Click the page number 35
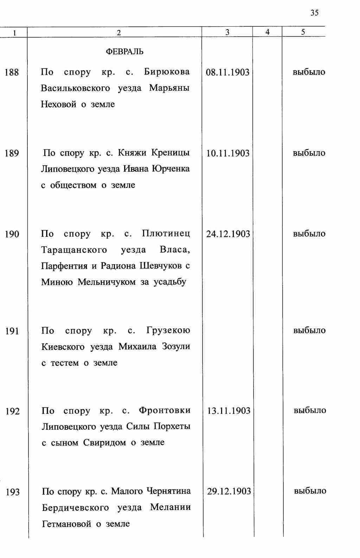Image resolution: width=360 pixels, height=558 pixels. click(x=314, y=13)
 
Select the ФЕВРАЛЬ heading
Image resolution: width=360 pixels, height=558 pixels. click(x=124, y=52)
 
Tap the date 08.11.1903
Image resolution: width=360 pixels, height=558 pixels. click(x=227, y=73)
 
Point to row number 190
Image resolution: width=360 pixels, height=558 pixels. click(x=12, y=234)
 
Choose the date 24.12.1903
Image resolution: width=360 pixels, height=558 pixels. click(x=228, y=234)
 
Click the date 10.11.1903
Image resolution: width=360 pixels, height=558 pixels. click(x=228, y=153)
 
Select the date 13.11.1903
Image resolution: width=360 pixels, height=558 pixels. click(x=229, y=411)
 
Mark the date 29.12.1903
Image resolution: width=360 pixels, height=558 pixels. click(x=229, y=491)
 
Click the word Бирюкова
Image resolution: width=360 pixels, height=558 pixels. click(x=167, y=72)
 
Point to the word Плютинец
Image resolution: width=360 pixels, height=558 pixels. click(x=166, y=234)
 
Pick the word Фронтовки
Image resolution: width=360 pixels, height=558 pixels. click(x=165, y=410)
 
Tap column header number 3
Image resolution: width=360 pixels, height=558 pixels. click(x=227, y=32)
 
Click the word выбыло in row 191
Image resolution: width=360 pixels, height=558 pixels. click(x=309, y=330)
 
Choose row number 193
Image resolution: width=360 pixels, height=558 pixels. click(x=13, y=492)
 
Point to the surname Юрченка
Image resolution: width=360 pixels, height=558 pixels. click(x=171, y=169)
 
